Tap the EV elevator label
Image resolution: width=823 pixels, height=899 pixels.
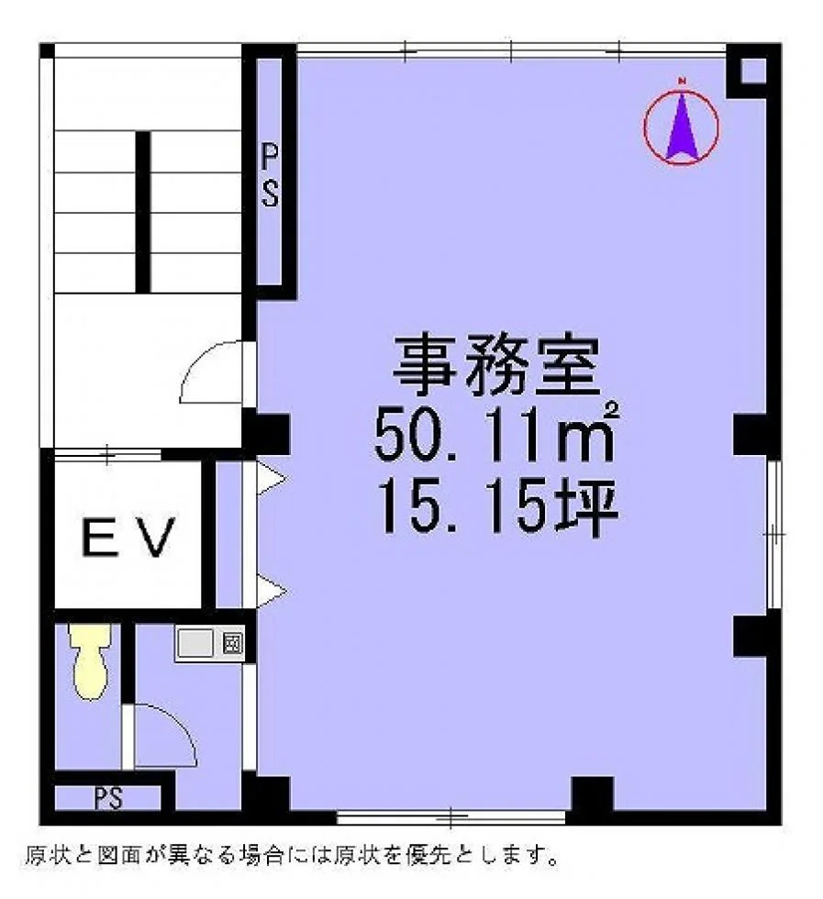click(x=128, y=538)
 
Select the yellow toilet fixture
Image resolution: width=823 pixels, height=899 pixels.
click(x=90, y=661)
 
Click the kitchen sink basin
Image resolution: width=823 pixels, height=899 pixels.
click(x=195, y=643)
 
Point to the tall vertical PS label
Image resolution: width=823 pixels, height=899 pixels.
click(x=270, y=175)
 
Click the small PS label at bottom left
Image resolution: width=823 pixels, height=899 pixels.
click(x=108, y=797)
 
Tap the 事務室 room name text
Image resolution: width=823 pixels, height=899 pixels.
click(x=496, y=366)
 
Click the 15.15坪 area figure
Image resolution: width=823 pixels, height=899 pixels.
click(x=496, y=506)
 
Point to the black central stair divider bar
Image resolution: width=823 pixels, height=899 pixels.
click(x=143, y=212)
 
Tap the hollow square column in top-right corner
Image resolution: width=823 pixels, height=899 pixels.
click(x=753, y=72)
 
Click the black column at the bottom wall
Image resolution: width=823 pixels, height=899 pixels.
click(x=593, y=794)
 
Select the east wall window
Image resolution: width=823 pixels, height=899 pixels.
click(x=773, y=534)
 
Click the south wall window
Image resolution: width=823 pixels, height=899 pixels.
click(x=450, y=816)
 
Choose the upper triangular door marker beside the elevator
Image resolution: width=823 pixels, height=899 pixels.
click(x=270, y=476)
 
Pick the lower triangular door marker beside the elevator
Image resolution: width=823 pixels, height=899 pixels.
click(x=270, y=590)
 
